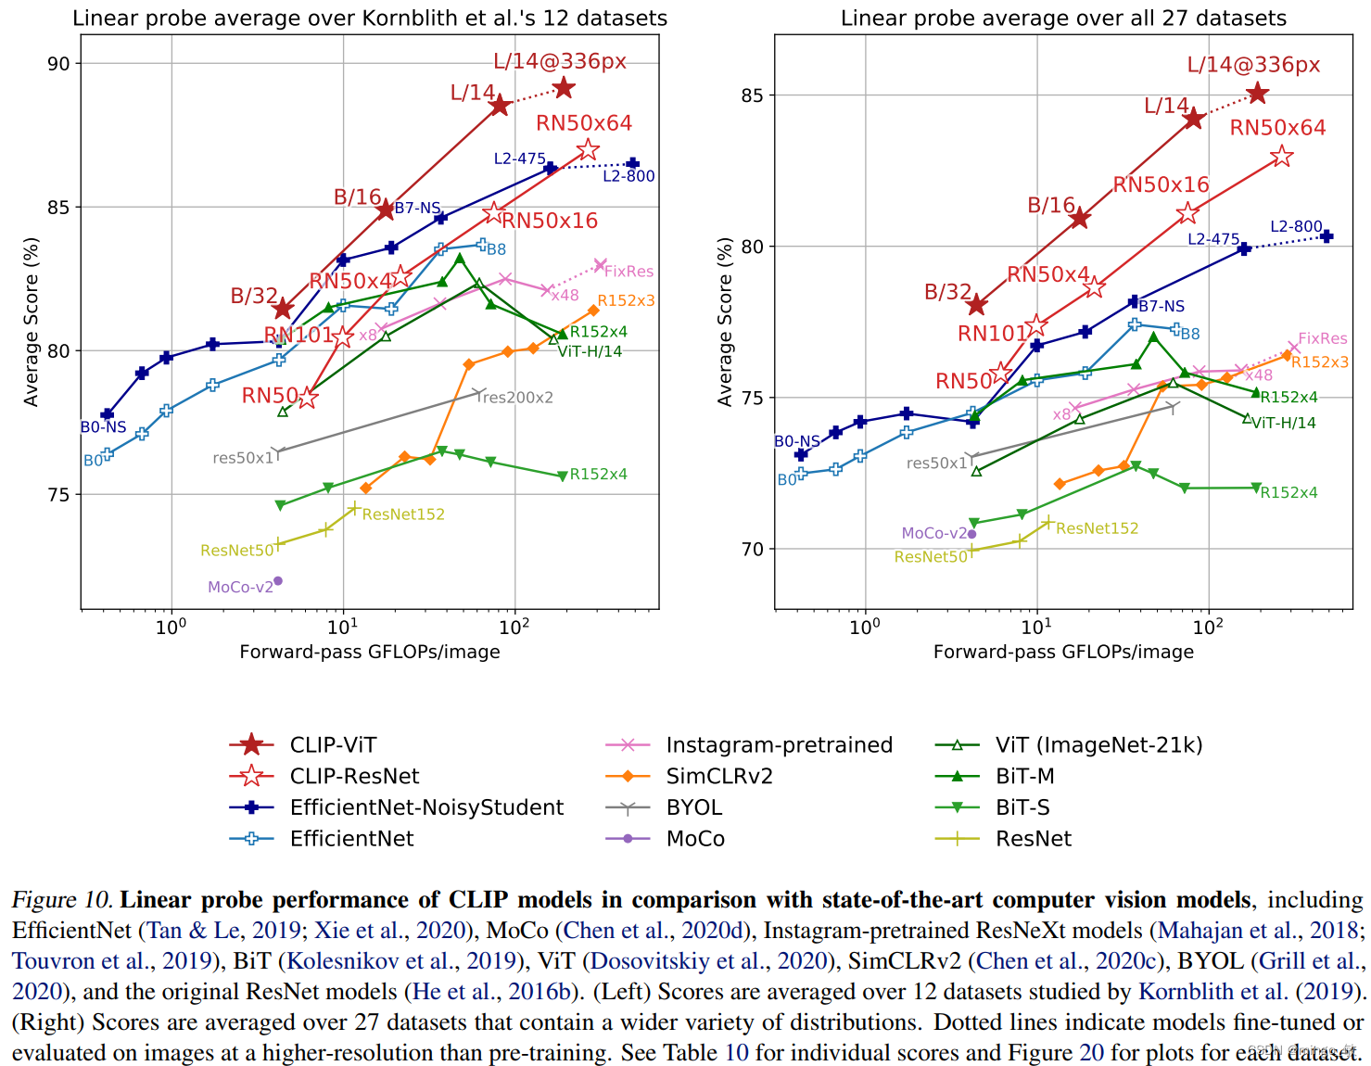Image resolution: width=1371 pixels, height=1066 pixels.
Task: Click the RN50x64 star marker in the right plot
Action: click(x=1282, y=157)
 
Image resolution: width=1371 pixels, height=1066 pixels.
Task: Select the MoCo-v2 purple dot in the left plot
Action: click(x=277, y=581)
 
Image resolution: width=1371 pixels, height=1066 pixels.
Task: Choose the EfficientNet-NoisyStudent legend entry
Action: click(x=426, y=807)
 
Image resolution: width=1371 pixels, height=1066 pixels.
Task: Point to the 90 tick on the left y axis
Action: click(x=59, y=64)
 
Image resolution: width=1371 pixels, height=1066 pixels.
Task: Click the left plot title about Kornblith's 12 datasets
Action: click(x=370, y=19)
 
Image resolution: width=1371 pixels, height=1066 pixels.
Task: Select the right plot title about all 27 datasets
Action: click(x=1063, y=19)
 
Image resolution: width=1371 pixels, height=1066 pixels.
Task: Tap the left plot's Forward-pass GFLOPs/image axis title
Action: click(x=370, y=652)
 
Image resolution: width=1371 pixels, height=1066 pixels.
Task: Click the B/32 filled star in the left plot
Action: click(x=283, y=309)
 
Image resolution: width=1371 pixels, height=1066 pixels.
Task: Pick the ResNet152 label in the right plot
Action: click(x=1098, y=528)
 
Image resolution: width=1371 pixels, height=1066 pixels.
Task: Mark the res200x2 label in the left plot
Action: click(x=517, y=398)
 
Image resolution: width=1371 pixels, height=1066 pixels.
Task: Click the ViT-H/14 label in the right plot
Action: click(x=1284, y=423)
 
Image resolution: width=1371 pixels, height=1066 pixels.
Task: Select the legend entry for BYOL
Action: click(x=693, y=807)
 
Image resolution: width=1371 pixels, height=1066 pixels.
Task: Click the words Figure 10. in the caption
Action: click(x=62, y=900)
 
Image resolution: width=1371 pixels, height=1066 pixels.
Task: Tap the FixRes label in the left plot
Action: click(x=628, y=272)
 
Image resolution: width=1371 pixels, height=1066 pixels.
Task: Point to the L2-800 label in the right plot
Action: click(x=1296, y=226)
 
